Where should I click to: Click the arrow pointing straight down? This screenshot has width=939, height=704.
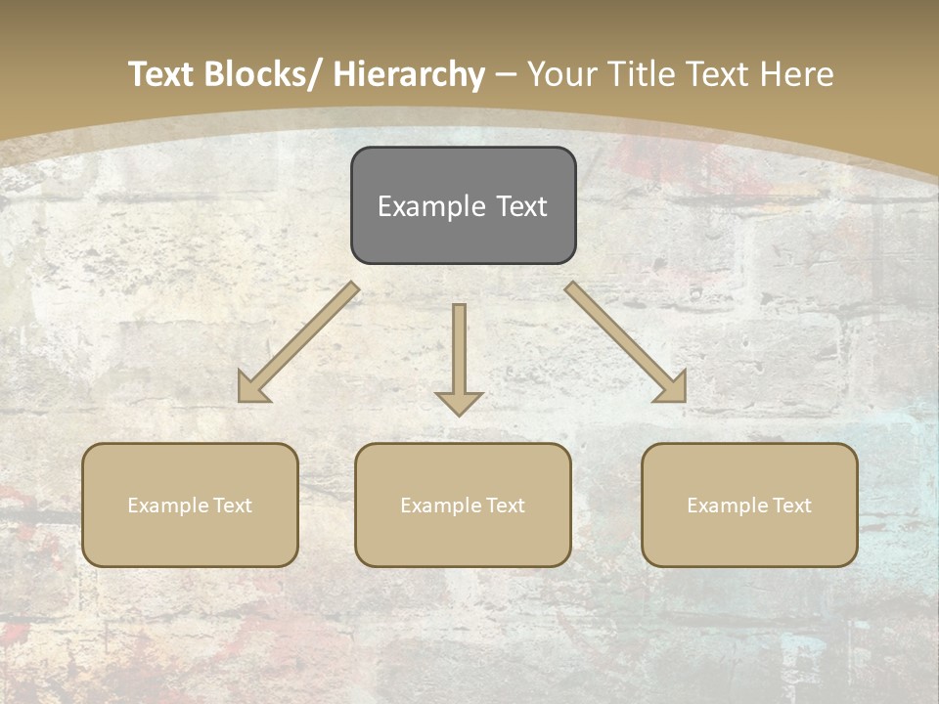[459, 352]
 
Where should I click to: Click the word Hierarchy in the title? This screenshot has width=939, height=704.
[409, 74]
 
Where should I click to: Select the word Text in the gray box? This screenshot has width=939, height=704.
[521, 206]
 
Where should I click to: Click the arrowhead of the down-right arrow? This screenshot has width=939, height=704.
[672, 389]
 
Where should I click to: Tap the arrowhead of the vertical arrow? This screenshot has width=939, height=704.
[459, 402]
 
